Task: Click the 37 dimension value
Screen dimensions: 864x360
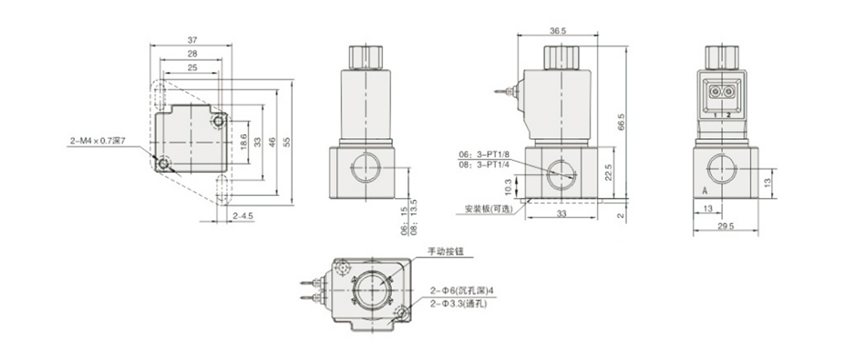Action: [192, 40]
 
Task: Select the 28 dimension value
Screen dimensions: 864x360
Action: [192, 53]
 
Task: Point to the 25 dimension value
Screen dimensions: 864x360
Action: [192, 68]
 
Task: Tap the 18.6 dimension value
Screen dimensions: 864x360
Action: [243, 142]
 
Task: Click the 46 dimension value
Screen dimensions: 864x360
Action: [272, 142]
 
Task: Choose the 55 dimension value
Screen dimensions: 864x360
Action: [287, 142]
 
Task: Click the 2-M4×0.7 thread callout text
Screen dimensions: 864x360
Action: [98, 141]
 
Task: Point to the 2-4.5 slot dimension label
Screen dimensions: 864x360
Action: [243, 216]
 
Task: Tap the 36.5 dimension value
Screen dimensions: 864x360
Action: [558, 31]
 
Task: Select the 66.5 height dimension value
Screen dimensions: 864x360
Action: [621, 122]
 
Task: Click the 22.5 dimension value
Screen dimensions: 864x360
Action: [608, 173]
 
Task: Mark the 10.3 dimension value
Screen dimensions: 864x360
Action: [508, 187]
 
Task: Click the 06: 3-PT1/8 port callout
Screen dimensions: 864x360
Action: [484, 154]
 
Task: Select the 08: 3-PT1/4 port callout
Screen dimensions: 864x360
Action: [484, 165]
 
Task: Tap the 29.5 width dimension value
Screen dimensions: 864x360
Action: [726, 226]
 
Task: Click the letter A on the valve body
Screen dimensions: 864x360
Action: [705, 191]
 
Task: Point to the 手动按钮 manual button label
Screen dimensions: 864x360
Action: [446, 251]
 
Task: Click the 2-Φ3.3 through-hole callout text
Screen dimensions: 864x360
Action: [459, 304]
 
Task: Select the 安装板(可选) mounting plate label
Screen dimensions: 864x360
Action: [489, 209]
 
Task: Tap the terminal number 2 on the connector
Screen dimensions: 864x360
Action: [729, 114]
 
